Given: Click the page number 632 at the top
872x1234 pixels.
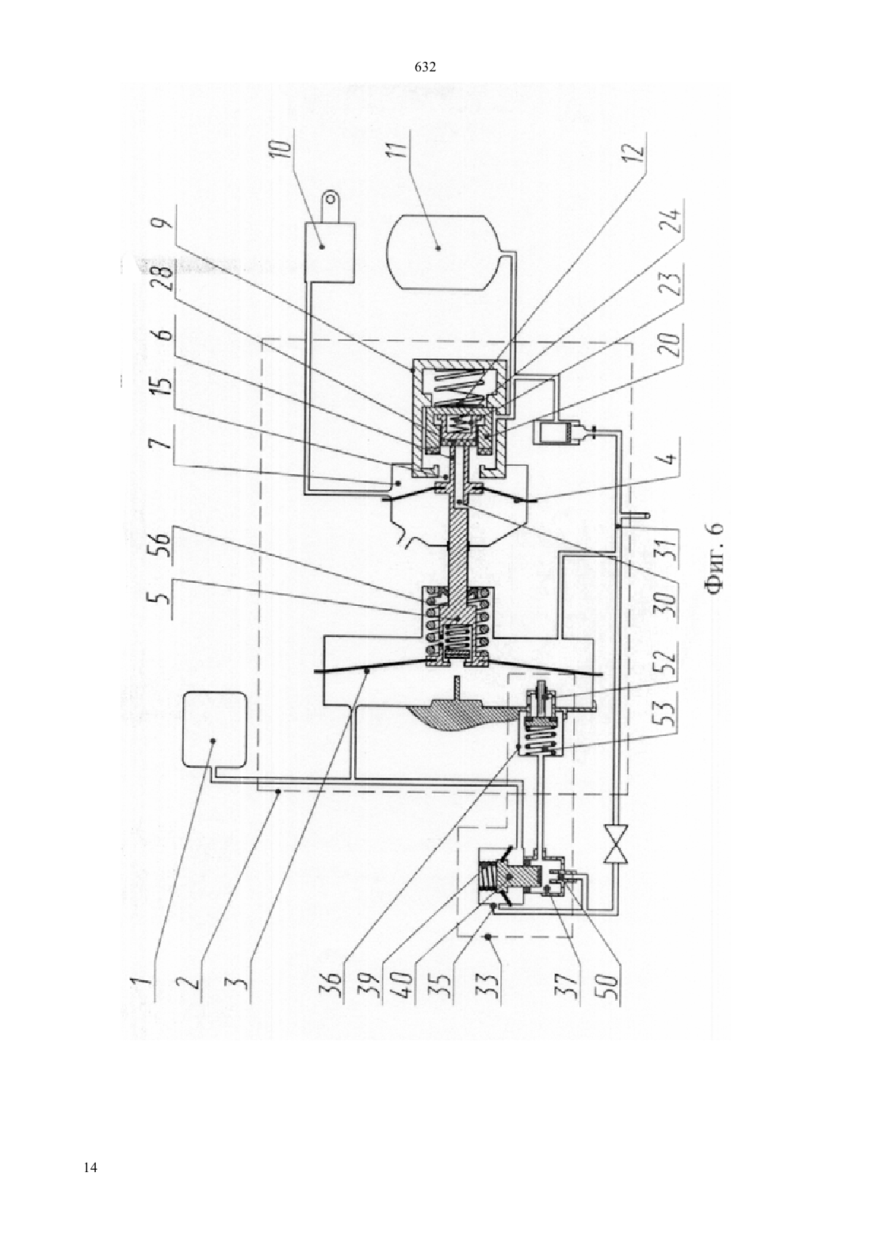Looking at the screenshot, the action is (425, 67).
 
